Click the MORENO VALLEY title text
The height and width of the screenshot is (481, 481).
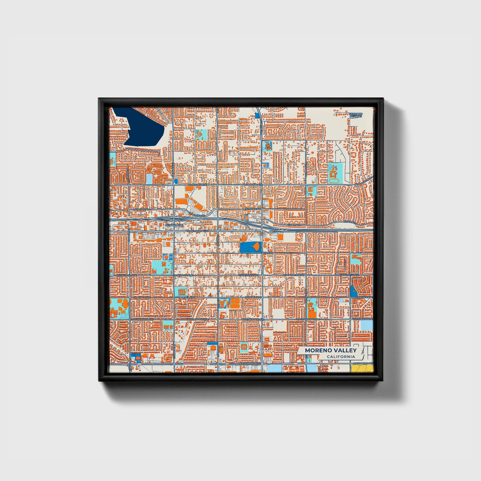click(x=331, y=350)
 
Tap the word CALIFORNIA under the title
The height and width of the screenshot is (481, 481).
click(x=341, y=357)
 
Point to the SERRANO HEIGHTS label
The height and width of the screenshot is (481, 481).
click(x=356, y=115)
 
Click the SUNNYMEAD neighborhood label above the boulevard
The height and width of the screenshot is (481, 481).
click(x=174, y=225)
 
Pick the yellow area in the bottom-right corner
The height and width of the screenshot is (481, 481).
click(x=362, y=368)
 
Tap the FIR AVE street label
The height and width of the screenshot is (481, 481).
click(x=268, y=253)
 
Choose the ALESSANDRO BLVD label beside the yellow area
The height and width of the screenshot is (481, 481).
click(x=363, y=363)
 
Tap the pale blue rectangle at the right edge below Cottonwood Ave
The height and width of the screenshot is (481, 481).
click(x=367, y=325)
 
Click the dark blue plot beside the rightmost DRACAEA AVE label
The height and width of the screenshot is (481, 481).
click(x=353, y=292)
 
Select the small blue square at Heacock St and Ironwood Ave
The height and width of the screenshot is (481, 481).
click(x=175, y=181)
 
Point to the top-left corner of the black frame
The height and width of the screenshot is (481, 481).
click(x=99, y=98)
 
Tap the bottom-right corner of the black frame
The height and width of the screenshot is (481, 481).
click(x=383, y=381)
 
